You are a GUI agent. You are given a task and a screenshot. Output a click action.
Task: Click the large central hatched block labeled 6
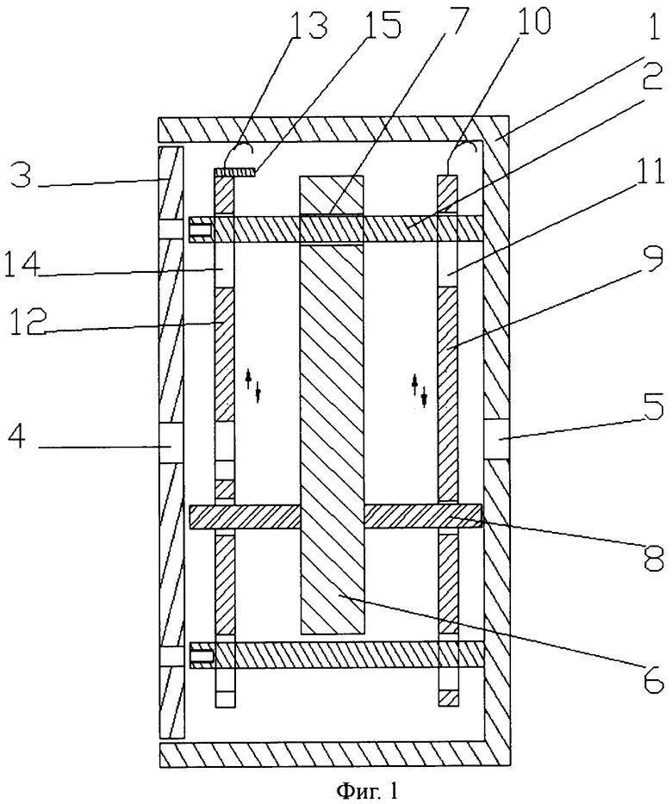pyautogui.click(x=332, y=430)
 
